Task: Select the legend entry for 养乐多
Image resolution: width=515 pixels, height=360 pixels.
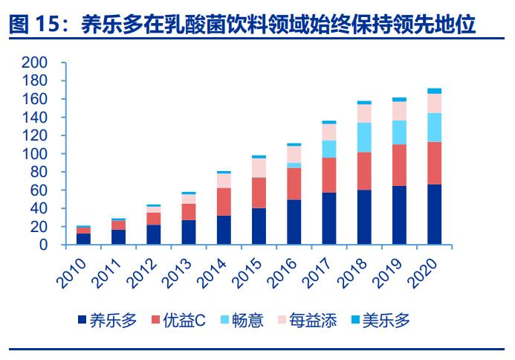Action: coord(107,321)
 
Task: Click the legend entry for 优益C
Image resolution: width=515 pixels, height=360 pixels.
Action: coord(178,321)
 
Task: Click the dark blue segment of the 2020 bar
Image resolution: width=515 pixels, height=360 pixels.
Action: coord(434,214)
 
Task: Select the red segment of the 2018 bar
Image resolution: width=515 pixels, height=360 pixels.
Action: coord(364,171)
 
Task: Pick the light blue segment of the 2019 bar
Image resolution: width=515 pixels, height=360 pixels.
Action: coord(399,132)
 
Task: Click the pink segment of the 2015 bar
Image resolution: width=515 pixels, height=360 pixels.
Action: coord(259,168)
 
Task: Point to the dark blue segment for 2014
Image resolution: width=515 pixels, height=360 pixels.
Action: coord(224,231)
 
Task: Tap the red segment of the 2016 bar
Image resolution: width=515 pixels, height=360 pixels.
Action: coord(294,184)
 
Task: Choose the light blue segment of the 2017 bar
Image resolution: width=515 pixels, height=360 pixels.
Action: coord(328,149)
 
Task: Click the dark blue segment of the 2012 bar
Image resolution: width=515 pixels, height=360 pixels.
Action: coord(153,235)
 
